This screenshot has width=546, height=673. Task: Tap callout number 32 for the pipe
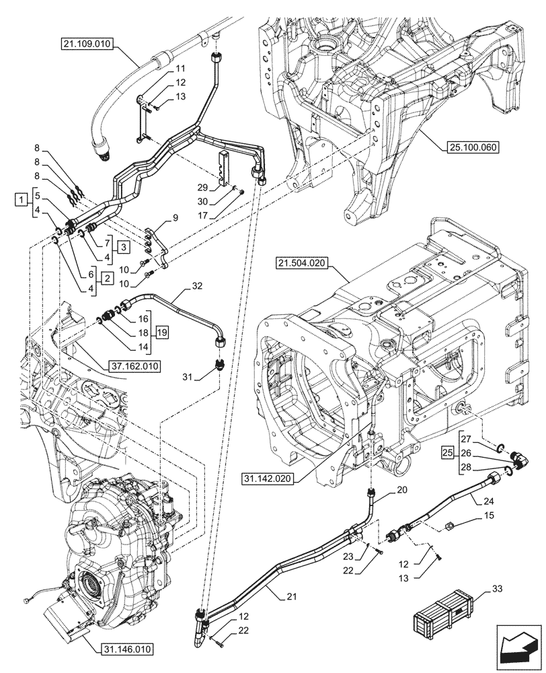pyautogui.click(x=196, y=285)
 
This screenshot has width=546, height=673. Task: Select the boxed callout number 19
pyautogui.click(x=161, y=332)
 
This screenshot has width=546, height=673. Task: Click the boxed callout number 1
pyautogui.click(x=22, y=200)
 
